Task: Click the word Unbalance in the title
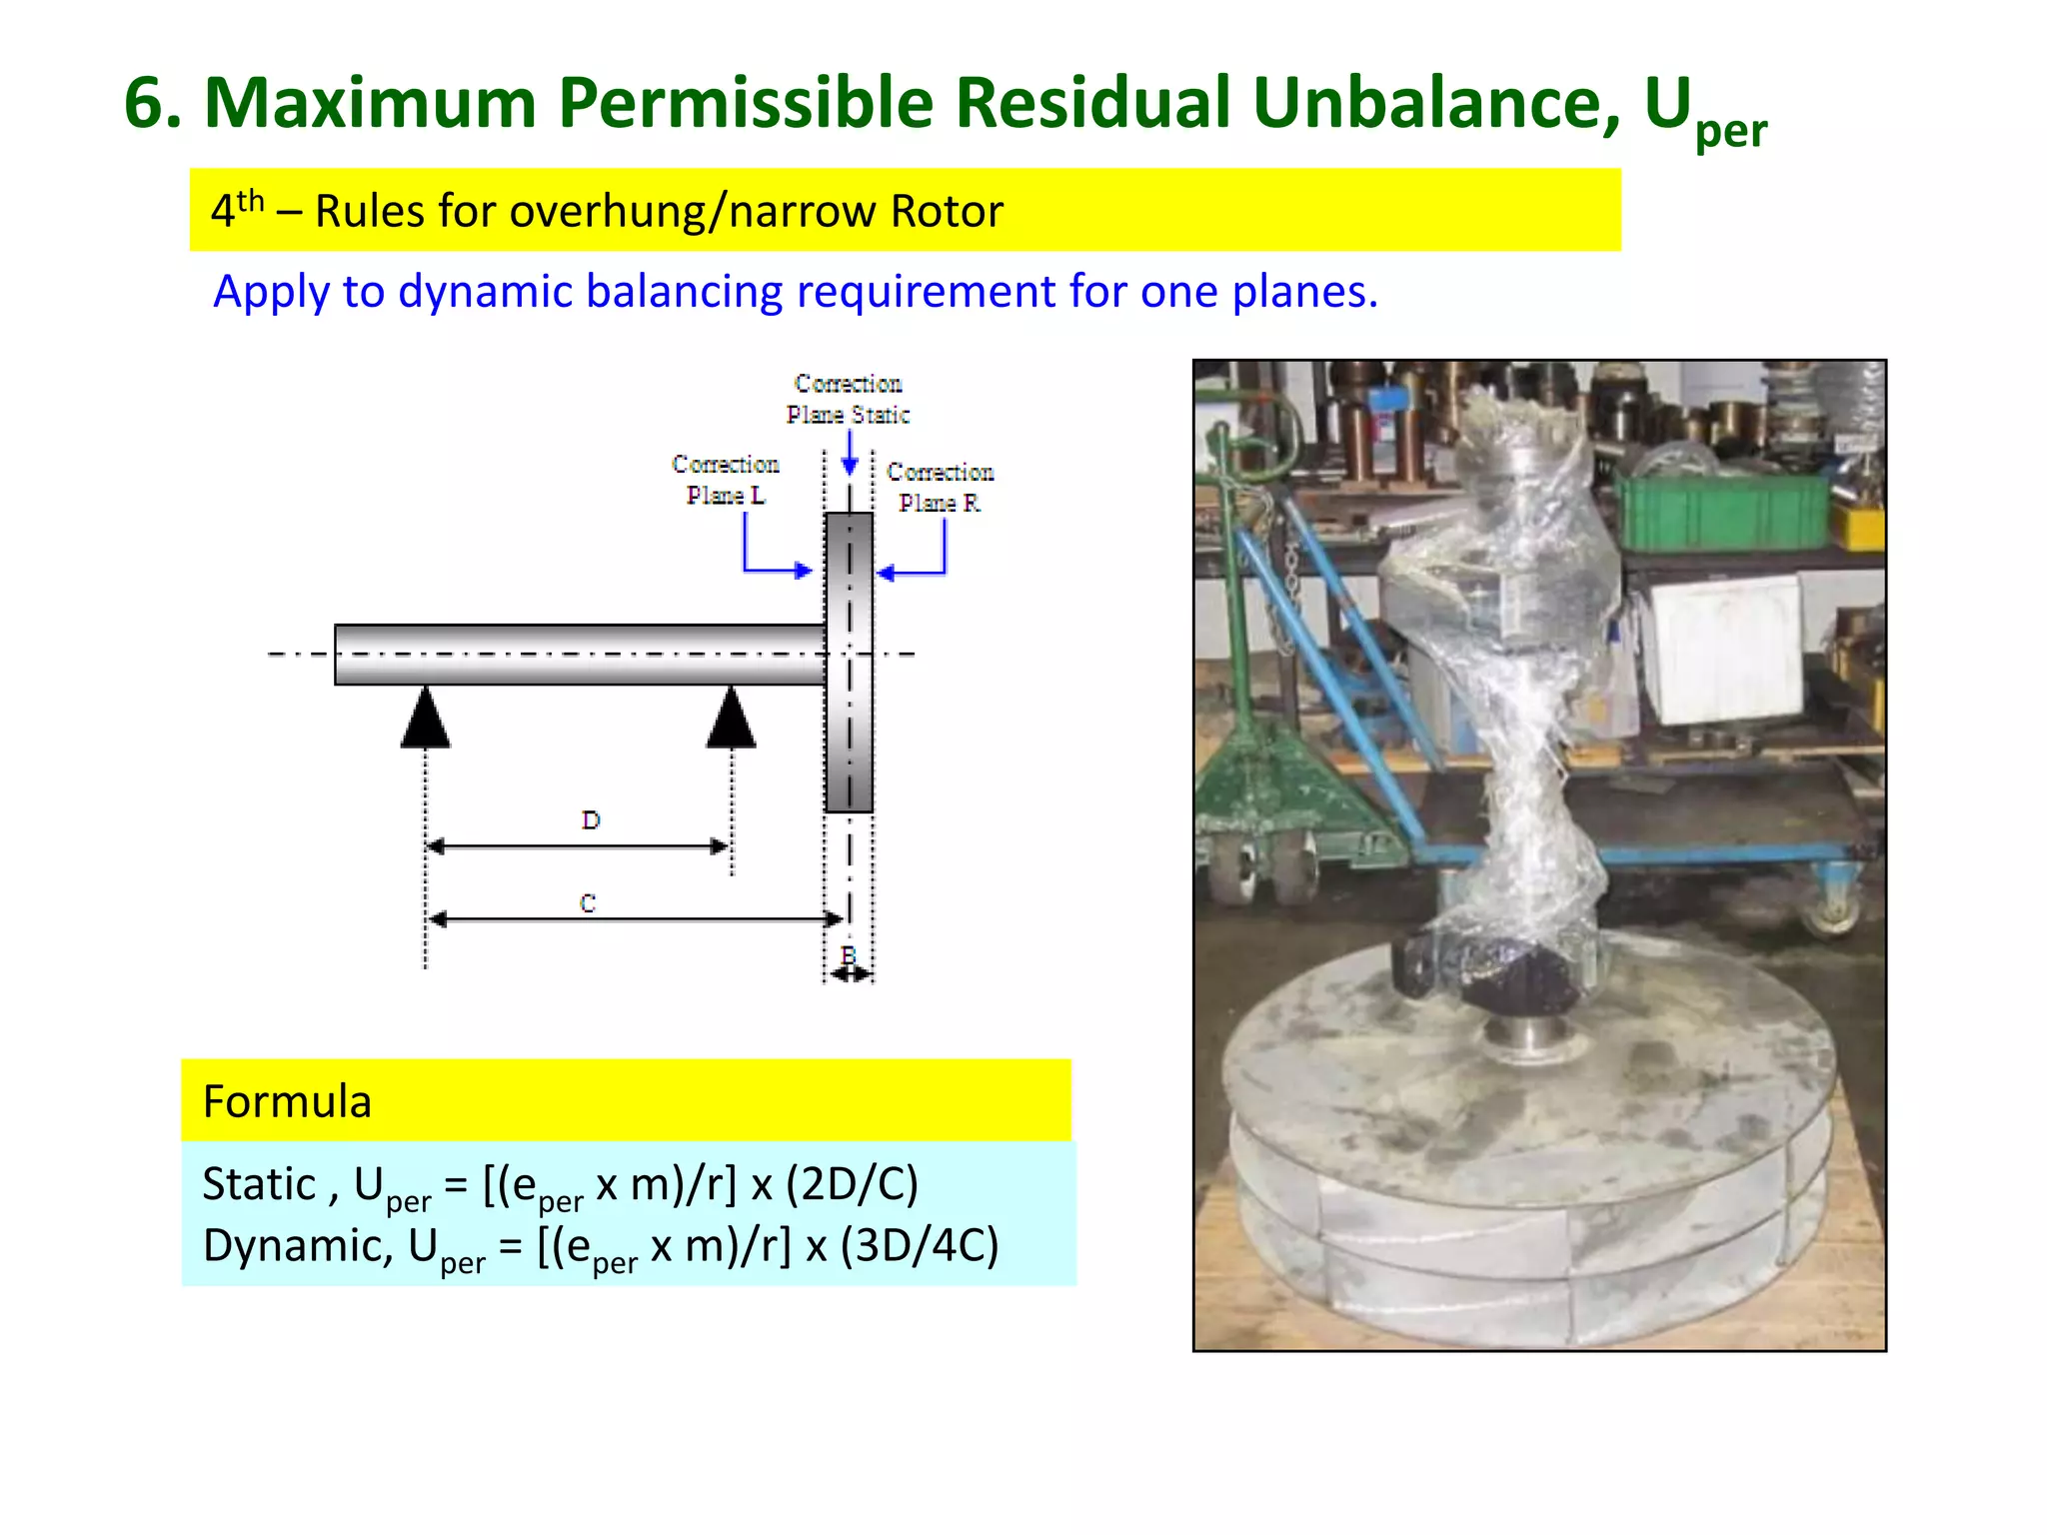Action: click(1434, 103)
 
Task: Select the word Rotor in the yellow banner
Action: click(947, 211)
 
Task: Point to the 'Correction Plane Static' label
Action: click(848, 399)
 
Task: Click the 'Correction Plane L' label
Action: click(726, 480)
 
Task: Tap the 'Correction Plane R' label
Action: click(940, 487)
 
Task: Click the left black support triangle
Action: click(426, 719)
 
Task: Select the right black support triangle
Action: click(731, 719)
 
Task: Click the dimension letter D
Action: click(591, 820)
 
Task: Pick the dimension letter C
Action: click(588, 903)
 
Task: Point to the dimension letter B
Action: click(849, 954)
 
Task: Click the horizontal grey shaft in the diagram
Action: click(580, 655)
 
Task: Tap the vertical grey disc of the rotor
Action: click(849, 662)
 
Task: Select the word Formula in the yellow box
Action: click(287, 1101)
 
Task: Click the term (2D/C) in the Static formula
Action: click(852, 1184)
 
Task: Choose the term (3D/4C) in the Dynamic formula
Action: click(919, 1246)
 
